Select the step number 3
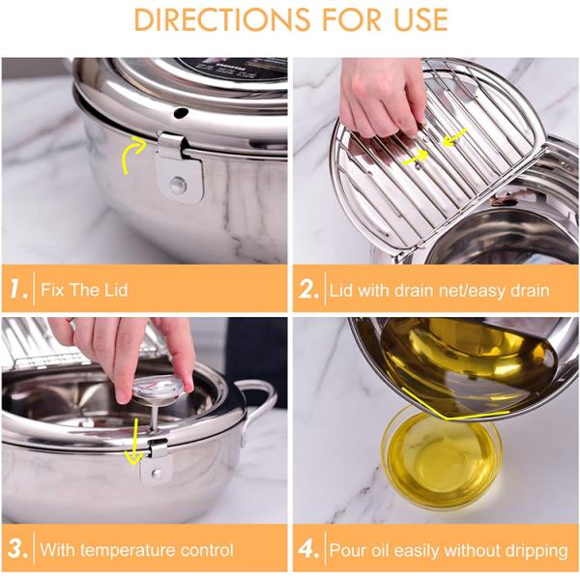click(17, 550)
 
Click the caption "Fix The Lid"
click(84, 289)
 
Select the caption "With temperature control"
click(136, 550)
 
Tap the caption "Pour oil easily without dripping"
click(449, 550)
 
